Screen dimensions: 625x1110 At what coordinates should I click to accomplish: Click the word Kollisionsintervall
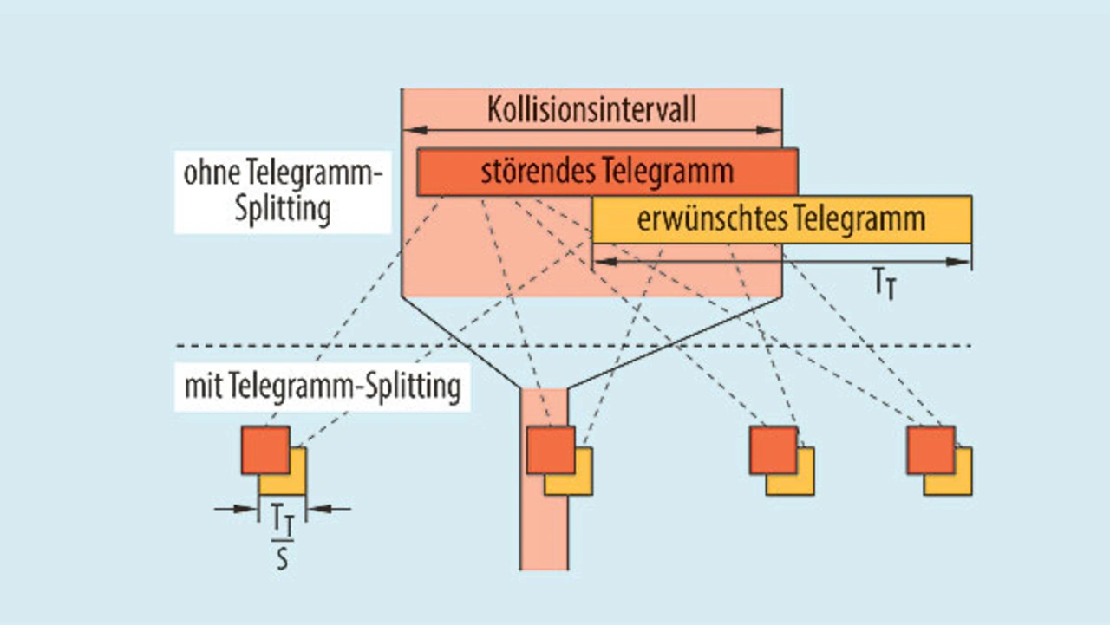(591, 111)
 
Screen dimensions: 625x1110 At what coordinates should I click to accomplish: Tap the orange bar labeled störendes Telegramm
(607, 172)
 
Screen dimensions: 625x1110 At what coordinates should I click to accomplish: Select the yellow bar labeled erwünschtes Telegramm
(780, 219)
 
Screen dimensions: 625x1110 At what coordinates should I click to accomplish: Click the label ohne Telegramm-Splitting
(283, 192)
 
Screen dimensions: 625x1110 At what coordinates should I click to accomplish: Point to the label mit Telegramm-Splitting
(322, 387)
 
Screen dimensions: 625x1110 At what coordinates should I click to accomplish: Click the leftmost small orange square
(264, 450)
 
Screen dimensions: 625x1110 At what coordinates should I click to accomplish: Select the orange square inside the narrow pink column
(550, 450)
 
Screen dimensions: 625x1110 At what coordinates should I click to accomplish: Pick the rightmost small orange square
(930, 450)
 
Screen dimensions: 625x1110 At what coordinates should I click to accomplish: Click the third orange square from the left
(773, 450)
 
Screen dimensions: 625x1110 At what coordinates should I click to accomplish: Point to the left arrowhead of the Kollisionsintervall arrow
(411, 130)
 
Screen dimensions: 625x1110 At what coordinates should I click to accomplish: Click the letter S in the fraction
(282, 559)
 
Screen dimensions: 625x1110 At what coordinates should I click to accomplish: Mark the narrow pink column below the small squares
(544, 537)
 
